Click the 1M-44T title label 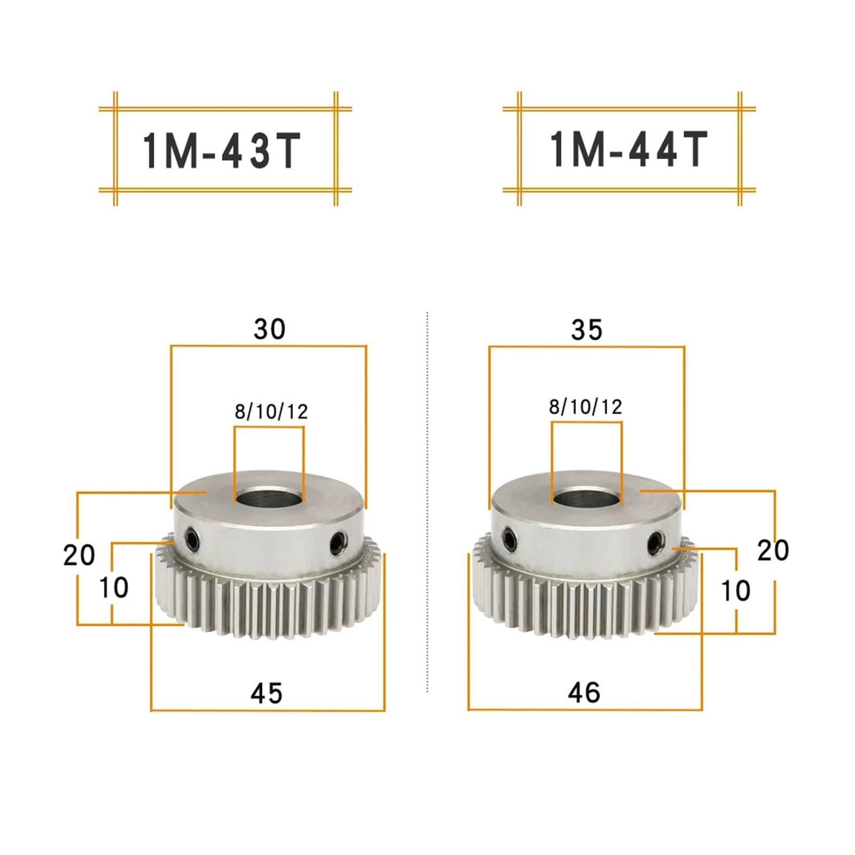[628, 150]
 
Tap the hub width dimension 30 [269, 329]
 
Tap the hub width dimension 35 [586, 330]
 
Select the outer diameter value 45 [266, 693]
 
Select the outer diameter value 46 [584, 693]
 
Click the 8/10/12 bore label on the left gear [271, 411]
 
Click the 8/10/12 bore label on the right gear [585, 407]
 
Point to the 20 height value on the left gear [79, 555]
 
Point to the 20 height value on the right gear [773, 550]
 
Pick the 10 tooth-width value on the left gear [113, 588]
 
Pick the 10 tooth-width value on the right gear [735, 591]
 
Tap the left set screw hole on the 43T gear [191, 540]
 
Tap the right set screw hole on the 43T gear [337, 542]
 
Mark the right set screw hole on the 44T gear [654, 543]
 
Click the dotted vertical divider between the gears [428, 502]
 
